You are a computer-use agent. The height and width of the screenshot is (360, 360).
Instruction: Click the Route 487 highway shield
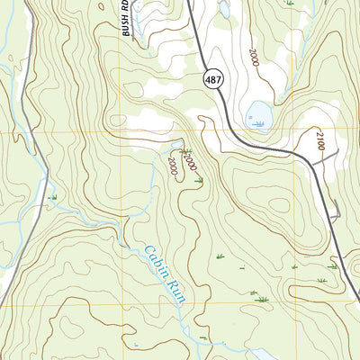click(x=212, y=79)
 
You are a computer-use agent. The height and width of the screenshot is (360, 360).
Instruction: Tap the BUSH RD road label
click(x=128, y=18)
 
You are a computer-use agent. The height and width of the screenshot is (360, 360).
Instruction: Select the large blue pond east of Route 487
click(x=259, y=113)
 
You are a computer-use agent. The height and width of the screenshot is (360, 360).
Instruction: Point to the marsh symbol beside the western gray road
click(x=53, y=197)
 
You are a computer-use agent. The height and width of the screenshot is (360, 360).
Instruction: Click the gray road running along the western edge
click(x=27, y=225)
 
